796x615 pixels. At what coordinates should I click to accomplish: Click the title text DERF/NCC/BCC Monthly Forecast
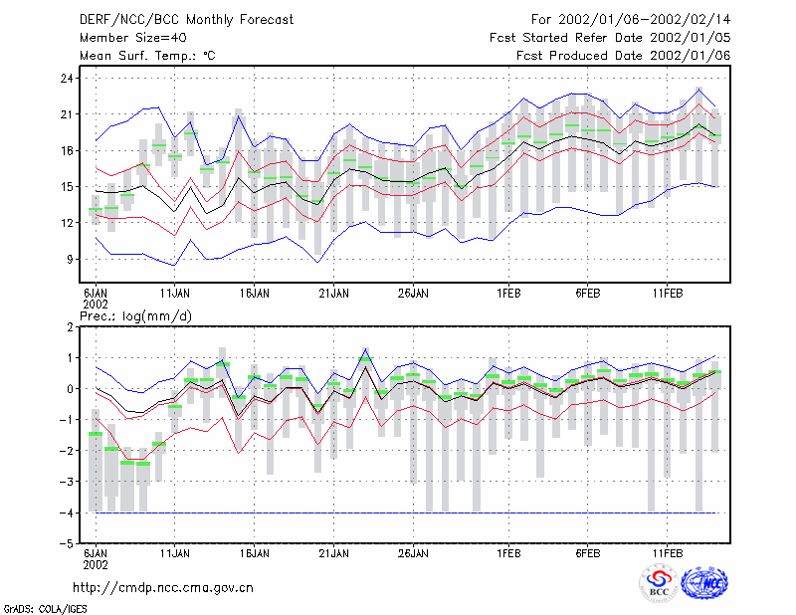click(x=186, y=20)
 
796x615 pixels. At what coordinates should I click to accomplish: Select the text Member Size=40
click(x=133, y=38)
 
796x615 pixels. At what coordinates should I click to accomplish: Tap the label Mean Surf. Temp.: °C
click(x=147, y=56)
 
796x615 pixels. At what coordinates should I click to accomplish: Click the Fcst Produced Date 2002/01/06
click(x=624, y=56)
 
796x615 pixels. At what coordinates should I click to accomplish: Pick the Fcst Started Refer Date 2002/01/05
click(x=610, y=38)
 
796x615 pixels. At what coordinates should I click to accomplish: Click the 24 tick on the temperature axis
click(x=67, y=79)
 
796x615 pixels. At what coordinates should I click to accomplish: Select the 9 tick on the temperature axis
click(x=70, y=259)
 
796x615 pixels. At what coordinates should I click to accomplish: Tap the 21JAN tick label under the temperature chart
click(x=333, y=294)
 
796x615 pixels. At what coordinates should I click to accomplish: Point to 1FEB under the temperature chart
click(x=508, y=294)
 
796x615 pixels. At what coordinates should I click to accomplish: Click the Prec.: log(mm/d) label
click(x=135, y=316)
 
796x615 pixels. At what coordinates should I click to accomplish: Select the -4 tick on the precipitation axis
click(x=66, y=512)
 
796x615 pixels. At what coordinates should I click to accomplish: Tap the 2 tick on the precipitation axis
click(x=70, y=326)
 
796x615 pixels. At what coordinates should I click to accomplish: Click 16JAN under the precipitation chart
click(x=255, y=553)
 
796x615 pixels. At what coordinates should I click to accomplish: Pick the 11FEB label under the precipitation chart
click(x=668, y=553)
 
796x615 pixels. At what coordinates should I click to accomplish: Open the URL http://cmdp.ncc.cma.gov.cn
click(x=163, y=588)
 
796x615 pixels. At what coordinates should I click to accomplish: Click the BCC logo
click(x=659, y=583)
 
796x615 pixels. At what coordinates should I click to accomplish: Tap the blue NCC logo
click(x=704, y=583)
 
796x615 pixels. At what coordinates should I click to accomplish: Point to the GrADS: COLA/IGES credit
click(x=45, y=609)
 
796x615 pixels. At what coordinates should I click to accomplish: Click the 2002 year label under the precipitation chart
click(x=96, y=564)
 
